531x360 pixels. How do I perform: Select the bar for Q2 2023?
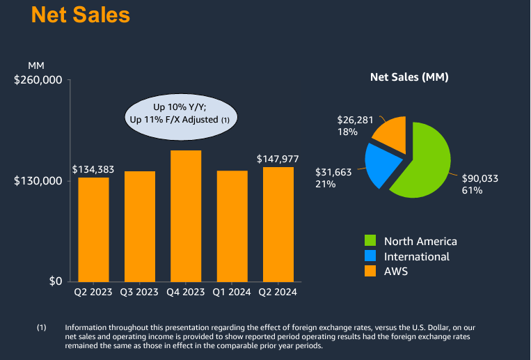point(93,229)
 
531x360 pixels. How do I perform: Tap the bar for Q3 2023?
point(140,226)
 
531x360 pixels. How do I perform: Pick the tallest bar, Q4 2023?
point(186,216)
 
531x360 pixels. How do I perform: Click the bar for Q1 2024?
point(232,226)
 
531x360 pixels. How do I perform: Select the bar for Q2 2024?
point(278,224)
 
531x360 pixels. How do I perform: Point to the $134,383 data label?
point(93,169)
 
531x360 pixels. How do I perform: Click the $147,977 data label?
point(278,159)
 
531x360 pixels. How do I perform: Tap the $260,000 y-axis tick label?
point(38,80)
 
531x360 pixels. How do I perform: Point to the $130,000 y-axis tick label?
point(38,181)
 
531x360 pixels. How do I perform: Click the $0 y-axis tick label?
point(54,281)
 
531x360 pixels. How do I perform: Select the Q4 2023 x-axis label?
point(186,292)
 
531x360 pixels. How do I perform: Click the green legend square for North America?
point(371,242)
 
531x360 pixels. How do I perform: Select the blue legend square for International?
point(371,256)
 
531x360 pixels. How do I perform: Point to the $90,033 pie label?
point(480,178)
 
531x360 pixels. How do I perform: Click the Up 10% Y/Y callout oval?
point(180,113)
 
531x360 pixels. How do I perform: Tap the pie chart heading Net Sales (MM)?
point(409,77)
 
